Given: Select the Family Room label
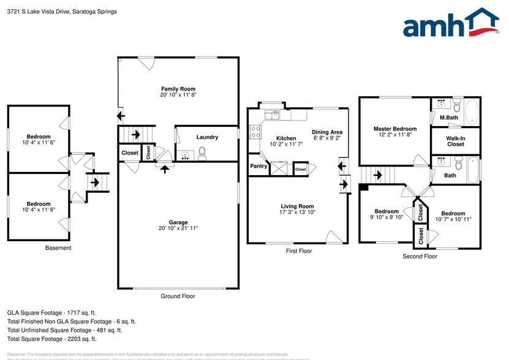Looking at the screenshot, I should click(x=178, y=89).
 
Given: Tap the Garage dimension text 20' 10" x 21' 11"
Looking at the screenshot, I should click(x=178, y=228).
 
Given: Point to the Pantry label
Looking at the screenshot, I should click(x=258, y=166).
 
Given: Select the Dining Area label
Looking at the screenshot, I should click(x=327, y=132).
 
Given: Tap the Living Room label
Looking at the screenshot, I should click(x=297, y=206).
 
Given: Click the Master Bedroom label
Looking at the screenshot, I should click(x=395, y=129).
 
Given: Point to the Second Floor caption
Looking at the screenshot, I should click(x=420, y=257).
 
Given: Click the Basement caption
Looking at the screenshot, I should click(x=58, y=248).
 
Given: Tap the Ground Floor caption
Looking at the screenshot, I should click(x=178, y=296).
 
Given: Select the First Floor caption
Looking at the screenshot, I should click(x=298, y=251).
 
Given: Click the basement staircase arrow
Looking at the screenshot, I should click(x=96, y=181).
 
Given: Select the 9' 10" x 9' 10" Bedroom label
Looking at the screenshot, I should click(x=387, y=211).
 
